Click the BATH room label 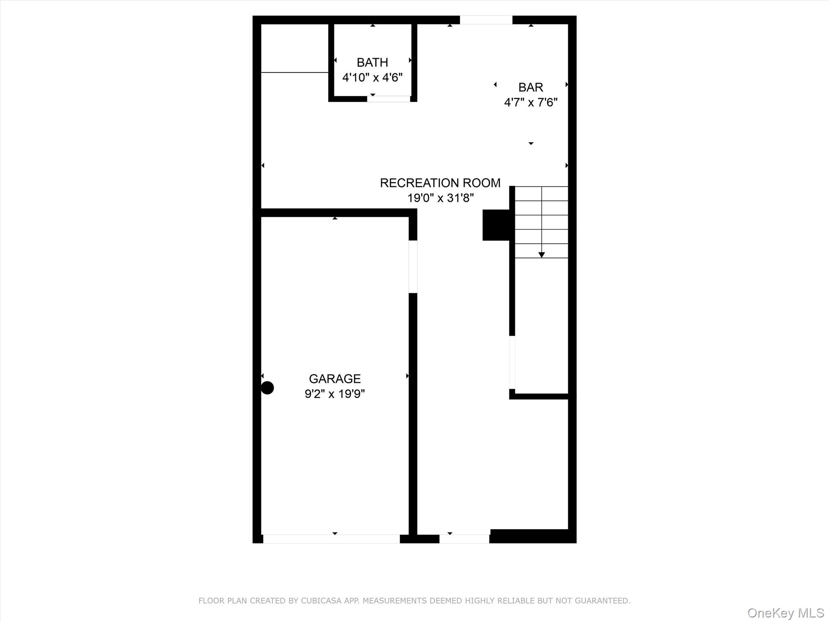click(372, 62)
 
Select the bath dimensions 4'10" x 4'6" click(372, 77)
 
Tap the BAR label click(530, 87)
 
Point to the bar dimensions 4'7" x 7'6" click(530, 102)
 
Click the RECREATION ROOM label click(440, 183)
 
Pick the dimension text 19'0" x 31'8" click(440, 198)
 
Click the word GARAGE click(334, 379)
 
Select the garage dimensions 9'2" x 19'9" click(334, 394)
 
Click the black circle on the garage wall click(267, 388)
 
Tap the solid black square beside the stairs click(495, 225)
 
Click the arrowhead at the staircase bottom click(542, 255)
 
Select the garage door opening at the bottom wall click(331, 539)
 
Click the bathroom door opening click(389, 99)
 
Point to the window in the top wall click(486, 20)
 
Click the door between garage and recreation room click(413, 266)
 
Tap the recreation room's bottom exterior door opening click(464, 539)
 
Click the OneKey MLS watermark click(785, 613)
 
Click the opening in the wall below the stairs click(512, 362)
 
